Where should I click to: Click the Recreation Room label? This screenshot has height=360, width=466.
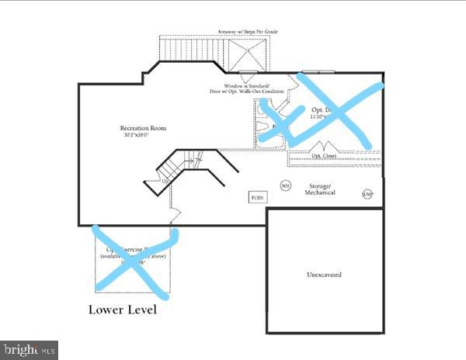(x=143, y=128)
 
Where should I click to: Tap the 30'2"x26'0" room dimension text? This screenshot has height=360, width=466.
(x=143, y=136)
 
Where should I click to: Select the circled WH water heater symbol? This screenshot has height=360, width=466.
(x=285, y=186)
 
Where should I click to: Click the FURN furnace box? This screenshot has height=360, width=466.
(x=257, y=198)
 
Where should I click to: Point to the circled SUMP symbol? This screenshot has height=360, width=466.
(x=367, y=194)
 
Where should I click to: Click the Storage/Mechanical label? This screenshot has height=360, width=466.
(x=319, y=190)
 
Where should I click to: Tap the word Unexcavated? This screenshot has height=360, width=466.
(x=325, y=275)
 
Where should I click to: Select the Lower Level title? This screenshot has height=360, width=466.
(x=122, y=310)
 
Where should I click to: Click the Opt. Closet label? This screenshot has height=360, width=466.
(x=325, y=156)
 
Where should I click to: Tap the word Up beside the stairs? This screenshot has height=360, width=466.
(x=165, y=181)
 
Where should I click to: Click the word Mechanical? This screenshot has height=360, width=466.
(x=319, y=194)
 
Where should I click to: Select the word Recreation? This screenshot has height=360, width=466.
(x=135, y=128)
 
